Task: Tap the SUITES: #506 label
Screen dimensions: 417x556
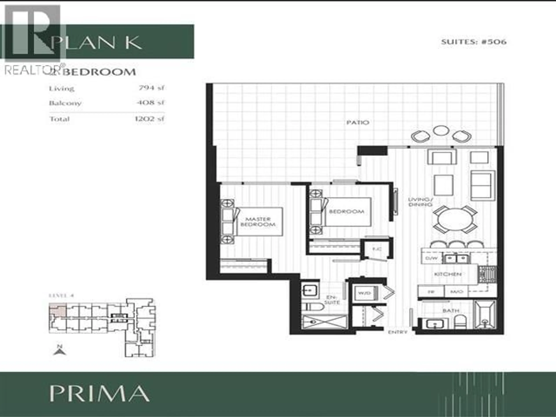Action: [x=474, y=42]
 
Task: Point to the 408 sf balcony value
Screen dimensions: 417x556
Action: [x=150, y=103]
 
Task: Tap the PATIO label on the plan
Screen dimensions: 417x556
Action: [x=358, y=123]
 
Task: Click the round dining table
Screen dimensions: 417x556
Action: [x=455, y=220]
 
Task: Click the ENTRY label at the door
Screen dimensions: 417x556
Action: [x=397, y=332]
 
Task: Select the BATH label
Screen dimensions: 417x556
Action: [x=451, y=311]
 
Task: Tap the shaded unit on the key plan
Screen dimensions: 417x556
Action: [x=58, y=311]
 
